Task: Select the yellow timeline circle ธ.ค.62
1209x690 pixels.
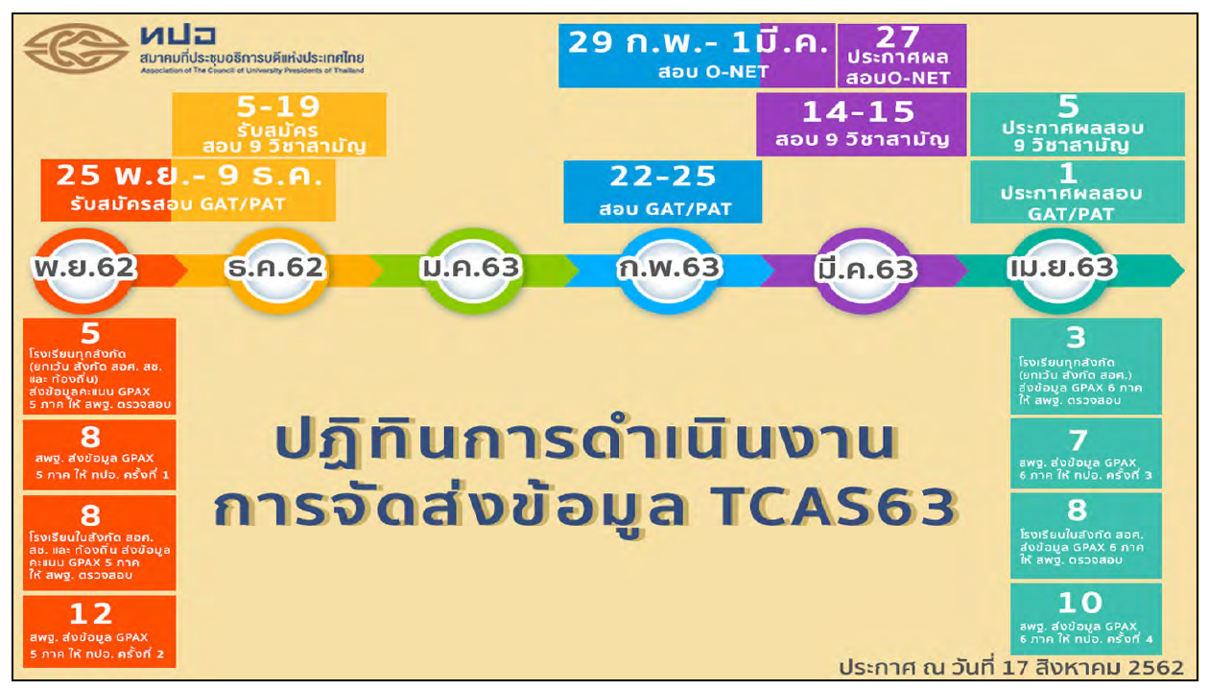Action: [x=275, y=269]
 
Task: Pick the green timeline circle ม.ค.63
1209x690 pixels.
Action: [x=470, y=269]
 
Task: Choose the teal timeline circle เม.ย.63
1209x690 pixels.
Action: [x=1061, y=269]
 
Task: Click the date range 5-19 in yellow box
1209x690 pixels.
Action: [x=278, y=107]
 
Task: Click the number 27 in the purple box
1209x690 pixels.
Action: [x=899, y=37]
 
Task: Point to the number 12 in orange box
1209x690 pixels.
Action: [x=91, y=613]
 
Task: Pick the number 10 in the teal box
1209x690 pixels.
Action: [x=1080, y=603]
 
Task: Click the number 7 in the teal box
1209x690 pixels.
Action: [x=1079, y=440]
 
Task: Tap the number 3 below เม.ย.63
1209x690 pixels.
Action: [x=1076, y=337]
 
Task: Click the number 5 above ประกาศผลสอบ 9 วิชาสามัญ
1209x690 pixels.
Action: [x=1068, y=107]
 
